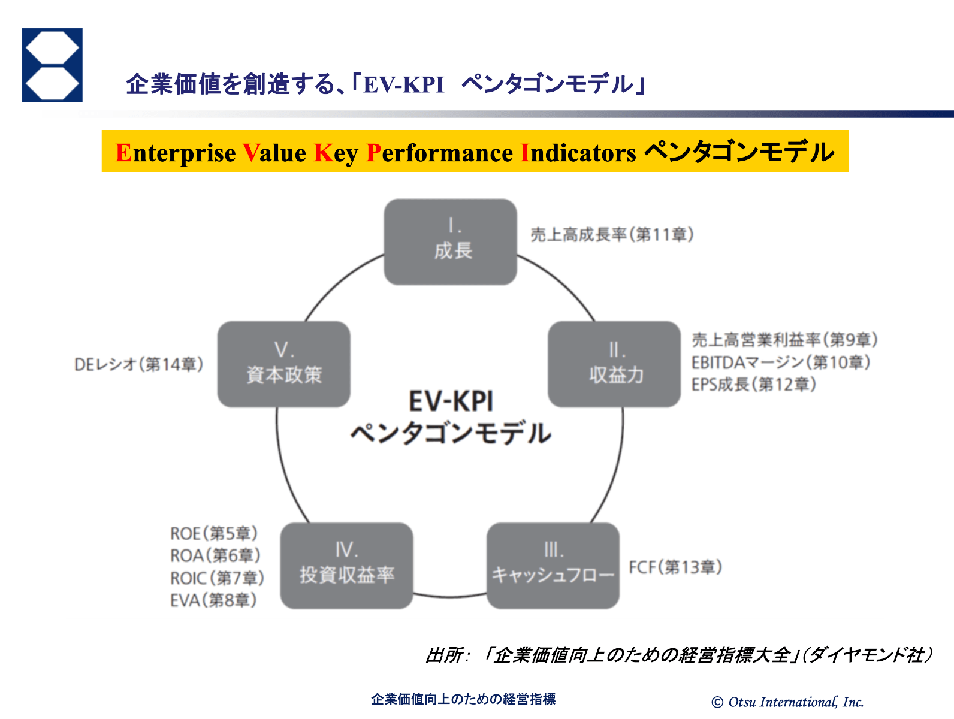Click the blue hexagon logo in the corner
point(52,65)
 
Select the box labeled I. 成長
point(451,242)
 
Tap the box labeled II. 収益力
point(614,364)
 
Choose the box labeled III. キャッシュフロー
point(553,566)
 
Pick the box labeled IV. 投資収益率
point(347,566)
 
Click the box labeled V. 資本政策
point(284,364)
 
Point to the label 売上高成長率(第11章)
point(612,234)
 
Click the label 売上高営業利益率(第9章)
point(784,340)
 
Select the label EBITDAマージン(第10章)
point(781,362)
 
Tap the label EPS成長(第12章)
point(754,384)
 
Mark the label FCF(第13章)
point(675,567)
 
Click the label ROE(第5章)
point(214,533)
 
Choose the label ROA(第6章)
point(215,555)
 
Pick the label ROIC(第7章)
point(217,578)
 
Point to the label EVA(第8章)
point(213,600)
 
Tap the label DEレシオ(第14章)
point(138,364)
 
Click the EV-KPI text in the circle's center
point(451,401)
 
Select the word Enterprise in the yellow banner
point(176,153)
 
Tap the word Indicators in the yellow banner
point(578,153)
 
